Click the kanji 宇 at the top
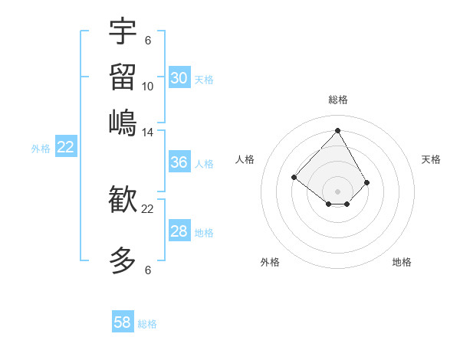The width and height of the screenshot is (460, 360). click(123, 31)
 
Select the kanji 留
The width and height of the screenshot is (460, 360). click(123, 77)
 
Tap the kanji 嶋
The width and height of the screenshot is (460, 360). click(123, 122)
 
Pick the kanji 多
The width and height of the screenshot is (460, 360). click(123, 260)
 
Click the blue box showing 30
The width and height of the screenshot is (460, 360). click(179, 78)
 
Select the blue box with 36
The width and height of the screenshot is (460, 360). click(179, 162)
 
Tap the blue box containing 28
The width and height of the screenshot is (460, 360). click(179, 231)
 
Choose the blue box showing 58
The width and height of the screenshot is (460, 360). click(123, 322)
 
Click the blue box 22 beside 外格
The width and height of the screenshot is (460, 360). click(65, 148)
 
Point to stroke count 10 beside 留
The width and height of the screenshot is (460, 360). click(148, 87)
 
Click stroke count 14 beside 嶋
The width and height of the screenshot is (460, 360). click(148, 132)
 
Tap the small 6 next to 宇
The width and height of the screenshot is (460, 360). click(148, 40)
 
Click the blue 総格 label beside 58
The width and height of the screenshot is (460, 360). click(147, 324)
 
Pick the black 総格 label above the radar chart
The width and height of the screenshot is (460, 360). click(337, 100)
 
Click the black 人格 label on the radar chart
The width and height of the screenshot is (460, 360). click(245, 159)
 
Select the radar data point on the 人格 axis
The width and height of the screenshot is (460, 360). click(294, 177)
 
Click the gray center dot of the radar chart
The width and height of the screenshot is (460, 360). click(337, 191)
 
